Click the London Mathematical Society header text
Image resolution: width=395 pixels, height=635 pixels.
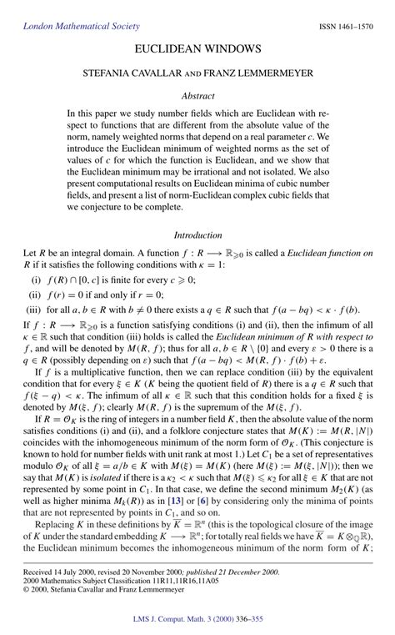69,27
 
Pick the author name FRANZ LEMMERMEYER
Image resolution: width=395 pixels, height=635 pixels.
266,73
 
